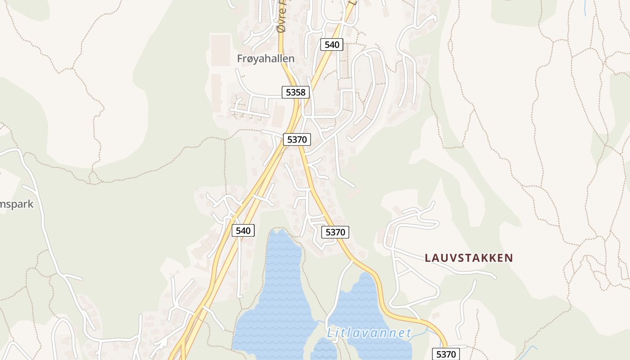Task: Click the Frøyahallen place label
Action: pos(265,58)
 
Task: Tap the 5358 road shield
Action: pos(296,93)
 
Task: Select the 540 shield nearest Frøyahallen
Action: pos(332,45)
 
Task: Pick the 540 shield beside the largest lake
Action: pos(243,231)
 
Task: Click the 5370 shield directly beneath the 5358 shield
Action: pos(297,139)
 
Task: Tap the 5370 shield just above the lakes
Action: pos(335,232)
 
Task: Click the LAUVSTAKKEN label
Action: pos(469,258)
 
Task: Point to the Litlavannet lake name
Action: pos(369,333)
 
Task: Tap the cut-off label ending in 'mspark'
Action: pos(17,204)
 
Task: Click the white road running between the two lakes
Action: pos(335,292)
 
